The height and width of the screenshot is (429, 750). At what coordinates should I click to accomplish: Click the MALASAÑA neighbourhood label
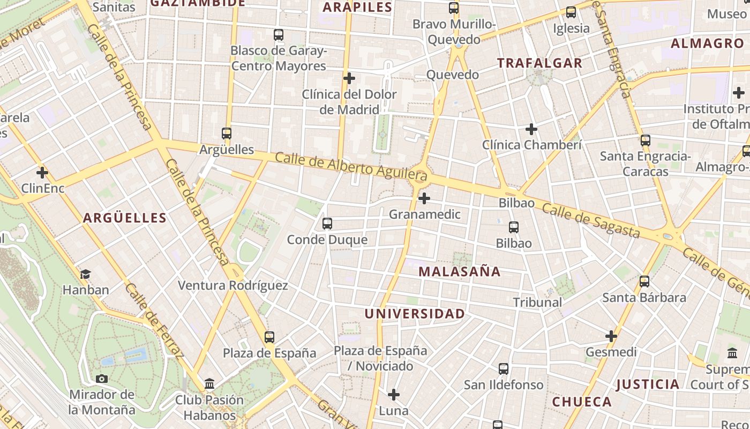point(459,271)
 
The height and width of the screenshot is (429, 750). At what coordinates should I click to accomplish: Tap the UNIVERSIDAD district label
point(414,314)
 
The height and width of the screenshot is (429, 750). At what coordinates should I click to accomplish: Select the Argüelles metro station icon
point(227,134)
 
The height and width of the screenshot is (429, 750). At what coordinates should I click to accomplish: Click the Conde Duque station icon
point(327,224)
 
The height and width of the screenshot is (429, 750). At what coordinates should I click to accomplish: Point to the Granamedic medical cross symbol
point(424,199)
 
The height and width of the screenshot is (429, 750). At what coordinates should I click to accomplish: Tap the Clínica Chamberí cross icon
point(531,129)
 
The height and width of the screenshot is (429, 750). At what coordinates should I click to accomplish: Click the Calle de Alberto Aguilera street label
point(351,166)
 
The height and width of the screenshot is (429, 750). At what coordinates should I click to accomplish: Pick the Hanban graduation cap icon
point(85,275)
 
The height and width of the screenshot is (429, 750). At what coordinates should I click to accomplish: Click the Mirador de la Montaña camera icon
point(102,379)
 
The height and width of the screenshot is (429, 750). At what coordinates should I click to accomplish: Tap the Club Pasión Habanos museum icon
point(209,384)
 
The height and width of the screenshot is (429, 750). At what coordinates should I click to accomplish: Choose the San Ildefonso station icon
point(504,369)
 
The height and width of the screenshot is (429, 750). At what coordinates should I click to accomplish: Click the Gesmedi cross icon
point(611,336)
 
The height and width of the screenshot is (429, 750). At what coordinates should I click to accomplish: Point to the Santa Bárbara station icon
point(644,282)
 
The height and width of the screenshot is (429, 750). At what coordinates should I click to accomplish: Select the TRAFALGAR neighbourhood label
point(539,63)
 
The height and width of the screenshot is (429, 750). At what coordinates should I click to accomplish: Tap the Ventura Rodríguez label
point(232,285)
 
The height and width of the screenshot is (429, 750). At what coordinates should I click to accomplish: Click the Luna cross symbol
point(394,395)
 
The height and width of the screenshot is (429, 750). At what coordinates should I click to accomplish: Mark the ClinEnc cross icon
point(42,173)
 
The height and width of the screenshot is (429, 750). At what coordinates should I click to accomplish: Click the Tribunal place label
point(537,302)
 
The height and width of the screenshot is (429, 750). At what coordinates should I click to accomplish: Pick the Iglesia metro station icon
point(571,12)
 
